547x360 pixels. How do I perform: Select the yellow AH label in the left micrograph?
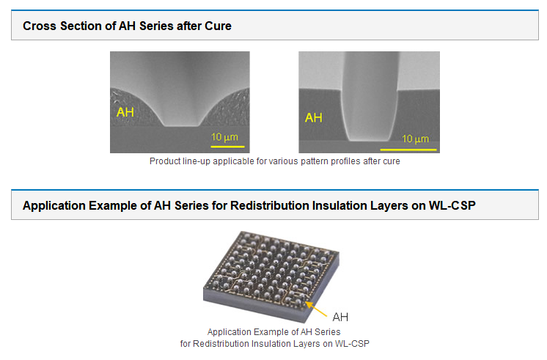tap(125, 112)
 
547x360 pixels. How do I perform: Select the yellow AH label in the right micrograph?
tap(314, 117)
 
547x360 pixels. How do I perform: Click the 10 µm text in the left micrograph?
tap(224, 137)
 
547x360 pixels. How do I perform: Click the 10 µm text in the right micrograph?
tap(415, 139)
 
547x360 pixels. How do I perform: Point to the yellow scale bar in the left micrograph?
tap(227, 147)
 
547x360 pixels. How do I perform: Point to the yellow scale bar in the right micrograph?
tap(408, 150)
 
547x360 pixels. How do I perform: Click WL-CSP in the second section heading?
tap(452, 205)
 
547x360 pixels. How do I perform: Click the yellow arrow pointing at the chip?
tap(316, 309)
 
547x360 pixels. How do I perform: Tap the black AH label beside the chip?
tap(340, 317)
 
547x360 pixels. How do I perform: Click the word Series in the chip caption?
tap(327, 331)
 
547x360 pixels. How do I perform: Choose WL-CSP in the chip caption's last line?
tap(352, 344)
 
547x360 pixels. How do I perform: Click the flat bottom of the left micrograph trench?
tap(181, 125)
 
